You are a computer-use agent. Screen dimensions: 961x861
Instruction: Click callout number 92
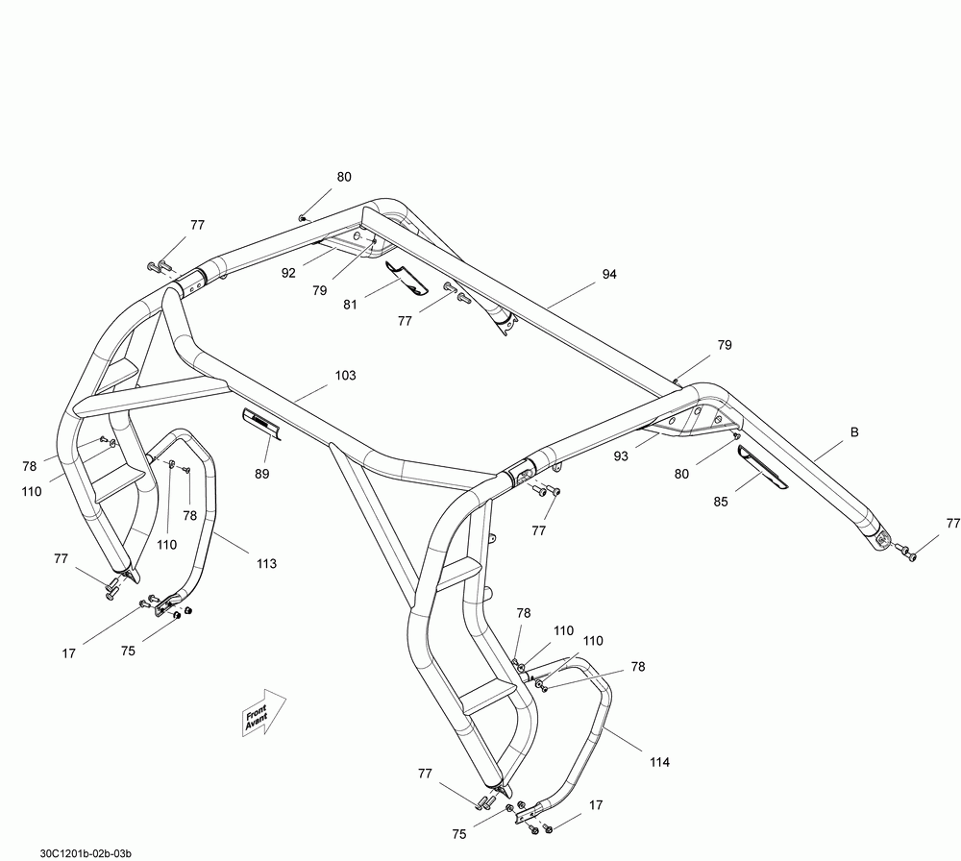(x=287, y=272)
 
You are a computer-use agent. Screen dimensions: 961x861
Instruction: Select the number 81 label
(x=349, y=306)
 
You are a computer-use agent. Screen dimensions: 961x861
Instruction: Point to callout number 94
(x=609, y=275)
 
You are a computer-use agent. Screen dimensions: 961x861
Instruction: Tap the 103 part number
(x=345, y=375)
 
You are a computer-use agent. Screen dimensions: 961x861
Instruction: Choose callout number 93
(x=621, y=456)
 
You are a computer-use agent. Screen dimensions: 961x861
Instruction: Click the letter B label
(x=852, y=433)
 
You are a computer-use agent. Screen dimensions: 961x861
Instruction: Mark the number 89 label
(x=262, y=474)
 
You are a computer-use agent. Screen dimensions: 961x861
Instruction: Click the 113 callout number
(x=266, y=563)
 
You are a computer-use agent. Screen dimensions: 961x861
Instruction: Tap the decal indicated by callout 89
(x=260, y=422)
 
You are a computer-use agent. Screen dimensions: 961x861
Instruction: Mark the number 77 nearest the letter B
(x=952, y=524)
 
